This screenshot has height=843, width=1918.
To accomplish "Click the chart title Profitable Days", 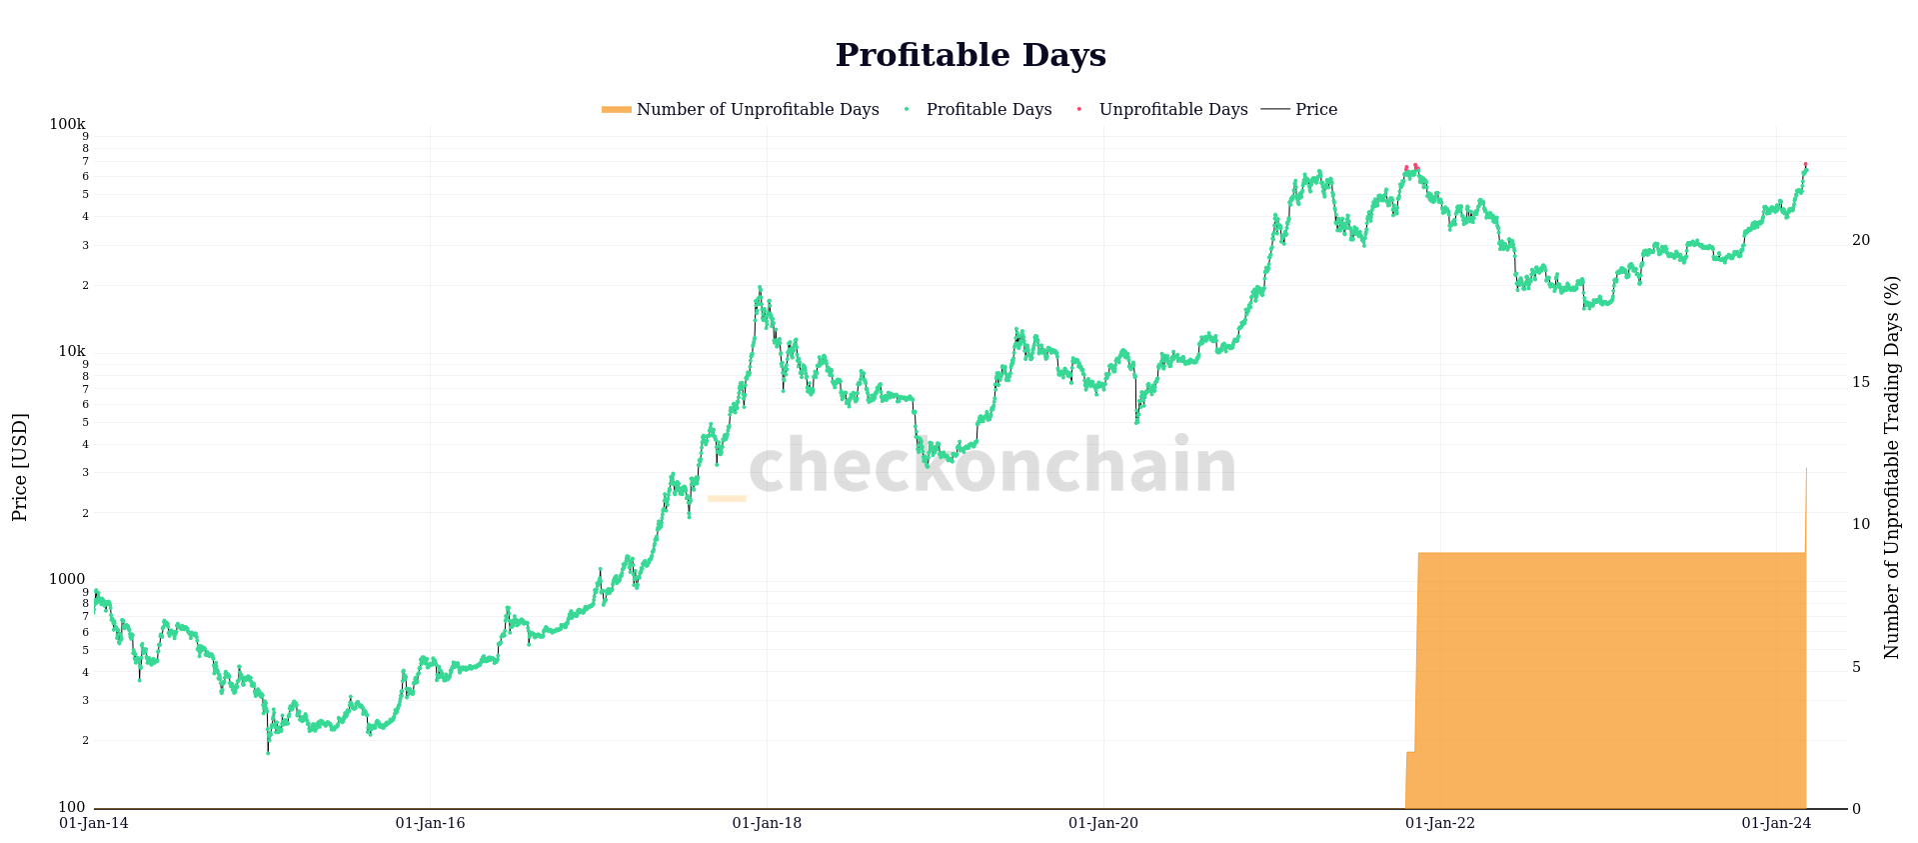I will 969,56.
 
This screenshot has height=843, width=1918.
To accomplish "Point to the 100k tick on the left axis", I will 67,124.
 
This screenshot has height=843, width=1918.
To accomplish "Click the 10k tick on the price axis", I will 71,351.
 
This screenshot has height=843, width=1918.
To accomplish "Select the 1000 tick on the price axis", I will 67,579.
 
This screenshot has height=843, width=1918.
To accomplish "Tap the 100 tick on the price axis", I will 71,807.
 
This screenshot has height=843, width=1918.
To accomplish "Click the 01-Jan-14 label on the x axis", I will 94,824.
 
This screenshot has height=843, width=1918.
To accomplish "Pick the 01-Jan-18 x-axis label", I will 767,824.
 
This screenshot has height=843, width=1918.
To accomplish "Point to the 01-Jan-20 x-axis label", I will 1103,824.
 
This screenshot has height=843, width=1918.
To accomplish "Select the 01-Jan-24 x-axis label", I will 1776,824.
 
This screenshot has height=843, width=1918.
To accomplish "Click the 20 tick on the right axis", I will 1860,240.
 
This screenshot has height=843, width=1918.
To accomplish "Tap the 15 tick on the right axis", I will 1860,382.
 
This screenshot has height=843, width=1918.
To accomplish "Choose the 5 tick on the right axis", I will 1856,667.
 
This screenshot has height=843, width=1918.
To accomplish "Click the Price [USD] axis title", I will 20,467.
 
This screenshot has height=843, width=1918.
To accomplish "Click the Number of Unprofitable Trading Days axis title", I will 1891,467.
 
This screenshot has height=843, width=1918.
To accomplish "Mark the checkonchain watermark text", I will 991,466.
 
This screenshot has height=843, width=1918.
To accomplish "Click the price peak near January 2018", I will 760,288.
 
